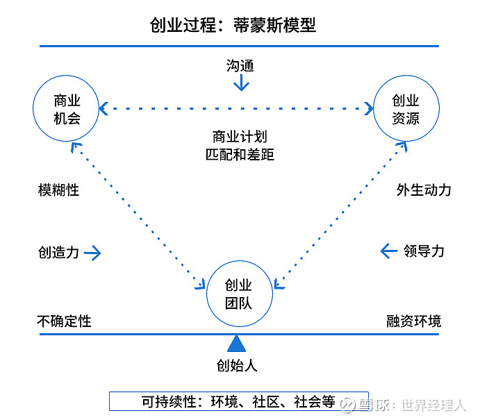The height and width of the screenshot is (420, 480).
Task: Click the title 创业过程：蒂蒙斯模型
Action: (233, 26)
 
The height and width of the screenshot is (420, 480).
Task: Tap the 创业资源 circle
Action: (406, 109)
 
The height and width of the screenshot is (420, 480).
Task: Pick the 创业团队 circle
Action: (238, 294)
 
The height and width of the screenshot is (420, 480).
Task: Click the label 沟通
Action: (240, 66)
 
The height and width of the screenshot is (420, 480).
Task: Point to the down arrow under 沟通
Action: (240, 83)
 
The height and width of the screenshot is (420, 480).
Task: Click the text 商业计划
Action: (240, 136)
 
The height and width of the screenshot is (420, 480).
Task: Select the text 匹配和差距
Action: (240, 154)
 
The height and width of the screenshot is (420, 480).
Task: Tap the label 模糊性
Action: (58, 190)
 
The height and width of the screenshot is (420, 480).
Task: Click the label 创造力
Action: (58, 252)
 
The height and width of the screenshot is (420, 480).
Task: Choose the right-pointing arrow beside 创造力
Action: (92, 253)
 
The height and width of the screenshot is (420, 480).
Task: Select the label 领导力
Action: (424, 251)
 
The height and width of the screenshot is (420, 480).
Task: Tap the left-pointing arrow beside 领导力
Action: (389, 251)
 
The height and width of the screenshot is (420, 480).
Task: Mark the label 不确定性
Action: (64, 321)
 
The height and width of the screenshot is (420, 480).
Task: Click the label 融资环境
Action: (413, 321)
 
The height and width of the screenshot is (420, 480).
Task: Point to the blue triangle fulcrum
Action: (238, 342)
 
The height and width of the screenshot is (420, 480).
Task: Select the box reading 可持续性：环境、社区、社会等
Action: (229, 401)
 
